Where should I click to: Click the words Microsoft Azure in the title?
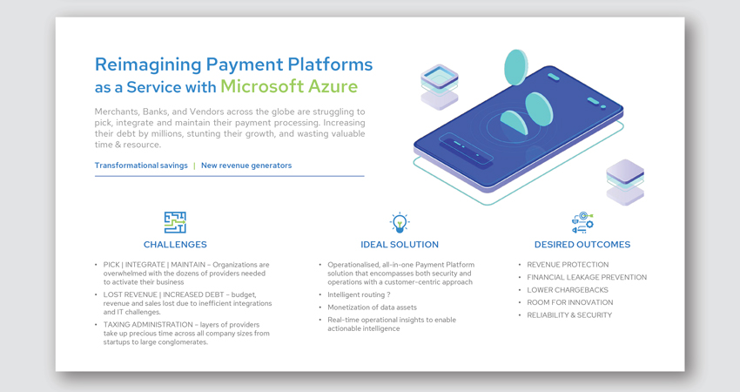pyautogui.click(x=289, y=86)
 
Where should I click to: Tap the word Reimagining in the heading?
pyautogui.click(x=148, y=65)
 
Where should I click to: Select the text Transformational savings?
pyautogui.click(x=141, y=166)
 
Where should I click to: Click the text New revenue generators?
pyautogui.click(x=246, y=166)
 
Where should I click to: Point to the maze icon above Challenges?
pyautogui.click(x=175, y=222)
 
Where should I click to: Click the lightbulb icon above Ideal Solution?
pyautogui.click(x=400, y=223)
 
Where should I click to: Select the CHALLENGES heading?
pyautogui.click(x=175, y=245)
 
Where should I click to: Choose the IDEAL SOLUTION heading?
pyautogui.click(x=400, y=245)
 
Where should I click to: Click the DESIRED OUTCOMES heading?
pyautogui.click(x=582, y=245)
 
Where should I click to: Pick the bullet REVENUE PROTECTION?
pyautogui.click(x=568, y=265)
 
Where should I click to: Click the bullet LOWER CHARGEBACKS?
pyautogui.click(x=568, y=290)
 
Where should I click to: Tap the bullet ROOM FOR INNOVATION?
pyautogui.click(x=570, y=302)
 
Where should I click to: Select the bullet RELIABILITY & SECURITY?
pyautogui.click(x=569, y=315)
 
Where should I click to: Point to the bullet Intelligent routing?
pyautogui.click(x=360, y=294)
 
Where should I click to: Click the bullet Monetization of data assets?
pyautogui.click(x=373, y=308)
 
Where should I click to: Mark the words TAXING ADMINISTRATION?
pyautogui.click(x=148, y=324)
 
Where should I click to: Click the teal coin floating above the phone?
pyautogui.click(x=515, y=67)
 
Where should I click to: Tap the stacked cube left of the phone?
pyautogui.click(x=440, y=87)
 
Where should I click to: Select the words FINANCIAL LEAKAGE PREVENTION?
pyautogui.click(x=587, y=277)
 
